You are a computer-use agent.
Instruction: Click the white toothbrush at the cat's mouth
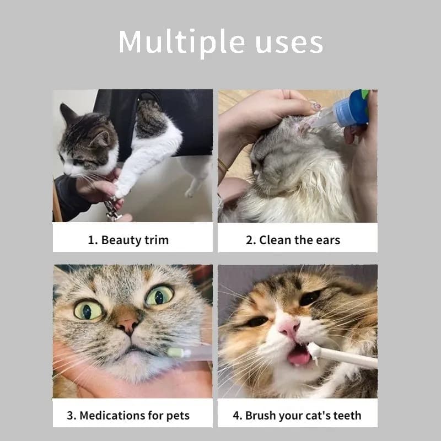point(342,356)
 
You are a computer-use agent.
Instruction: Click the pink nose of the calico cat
point(289,327)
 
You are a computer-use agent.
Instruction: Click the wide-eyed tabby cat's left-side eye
point(88,310)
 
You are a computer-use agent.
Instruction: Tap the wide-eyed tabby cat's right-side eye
point(159,295)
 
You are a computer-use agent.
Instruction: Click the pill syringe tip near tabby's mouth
point(175,352)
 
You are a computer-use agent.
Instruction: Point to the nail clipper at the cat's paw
point(112,208)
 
